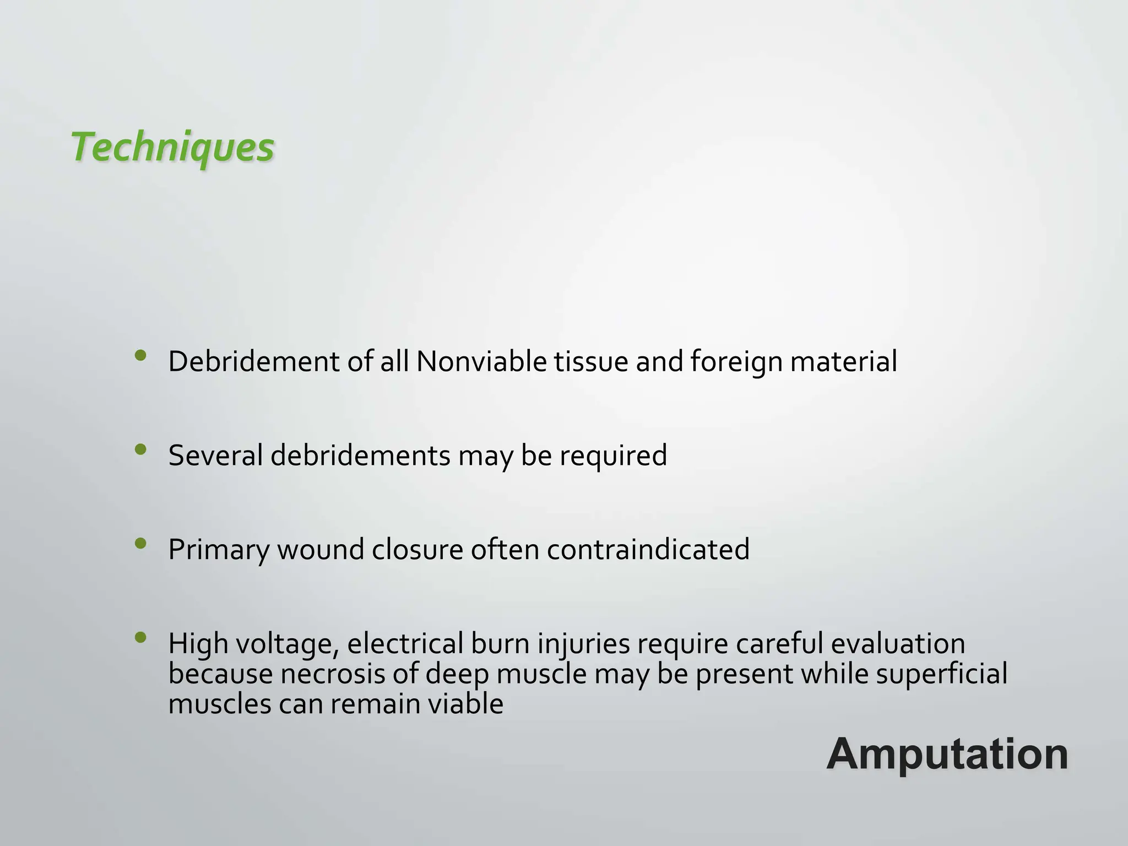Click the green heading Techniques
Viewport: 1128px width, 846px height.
172,148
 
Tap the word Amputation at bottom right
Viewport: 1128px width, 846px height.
947,754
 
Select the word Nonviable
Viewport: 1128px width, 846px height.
481,362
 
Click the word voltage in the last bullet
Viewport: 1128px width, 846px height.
287,644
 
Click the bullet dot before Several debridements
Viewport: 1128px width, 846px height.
140,450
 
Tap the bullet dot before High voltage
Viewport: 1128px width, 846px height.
140,638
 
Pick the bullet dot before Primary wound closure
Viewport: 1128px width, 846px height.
140,544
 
